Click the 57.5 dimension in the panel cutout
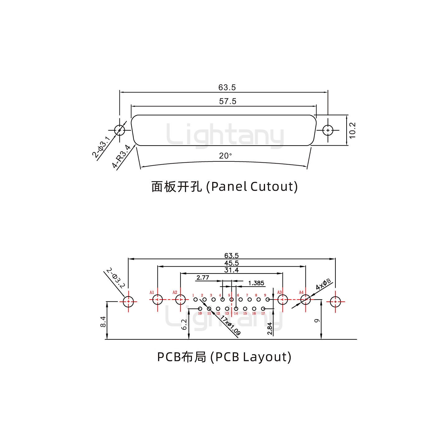(228, 101)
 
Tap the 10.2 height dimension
(352, 130)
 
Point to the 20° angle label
(226, 156)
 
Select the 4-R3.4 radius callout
(121, 156)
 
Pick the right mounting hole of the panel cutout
(328, 130)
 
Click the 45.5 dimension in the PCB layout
(231, 263)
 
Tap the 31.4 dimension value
(231, 270)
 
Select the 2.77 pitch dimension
(203, 278)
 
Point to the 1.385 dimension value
(256, 283)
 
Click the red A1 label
(152, 292)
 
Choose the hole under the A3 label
(282, 300)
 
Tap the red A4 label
(301, 292)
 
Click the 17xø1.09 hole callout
(231, 325)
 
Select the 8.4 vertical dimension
(103, 321)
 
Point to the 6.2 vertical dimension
(184, 324)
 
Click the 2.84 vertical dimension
(270, 329)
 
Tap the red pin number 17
(263, 313)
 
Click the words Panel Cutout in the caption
(252, 187)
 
